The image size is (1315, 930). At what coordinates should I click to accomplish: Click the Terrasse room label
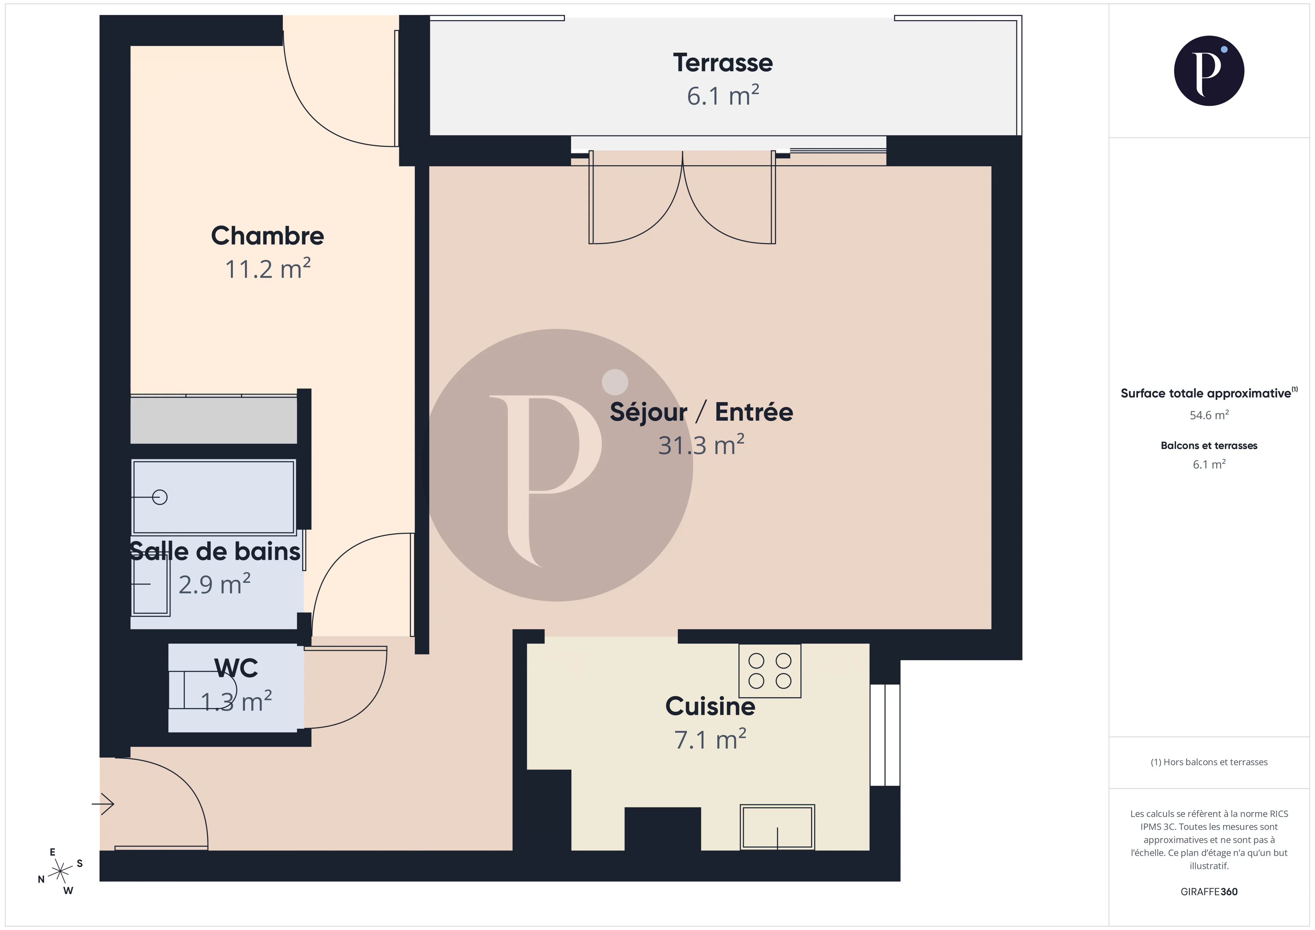[722, 63]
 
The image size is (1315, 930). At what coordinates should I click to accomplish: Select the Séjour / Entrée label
[701, 412]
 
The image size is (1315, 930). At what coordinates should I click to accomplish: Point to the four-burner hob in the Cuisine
[769, 671]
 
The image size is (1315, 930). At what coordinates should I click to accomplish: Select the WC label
[236, 668]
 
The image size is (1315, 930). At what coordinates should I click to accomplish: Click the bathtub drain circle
[160, 497]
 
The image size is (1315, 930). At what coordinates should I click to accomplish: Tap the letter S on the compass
[80, 863]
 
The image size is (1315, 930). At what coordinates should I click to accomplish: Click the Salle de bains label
[215, 551]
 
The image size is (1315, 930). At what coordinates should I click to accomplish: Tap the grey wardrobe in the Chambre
[213, 420]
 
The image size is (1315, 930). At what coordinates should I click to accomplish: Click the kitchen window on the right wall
[885, 735]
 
